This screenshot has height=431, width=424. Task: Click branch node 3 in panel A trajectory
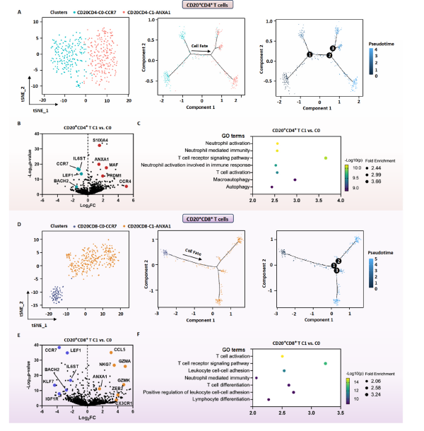(x=333, y=47)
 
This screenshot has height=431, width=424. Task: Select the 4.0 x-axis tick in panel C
(x=341, y=201)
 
